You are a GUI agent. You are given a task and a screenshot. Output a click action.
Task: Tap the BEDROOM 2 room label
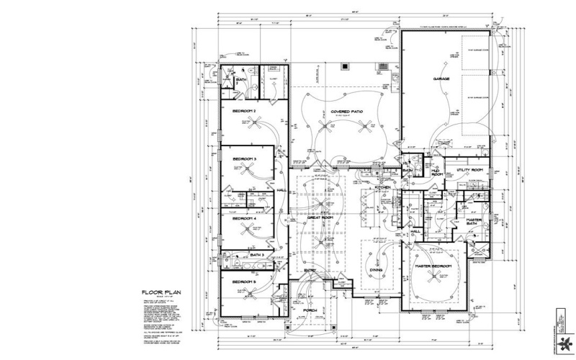point(244,111)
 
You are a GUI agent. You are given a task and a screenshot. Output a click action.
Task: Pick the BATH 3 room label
point(258,255)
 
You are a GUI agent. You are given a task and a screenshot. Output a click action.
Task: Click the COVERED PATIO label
point(346,112)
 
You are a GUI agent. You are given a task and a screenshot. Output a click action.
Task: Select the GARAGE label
point(441,78)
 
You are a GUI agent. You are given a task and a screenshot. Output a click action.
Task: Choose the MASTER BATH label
point(472,222)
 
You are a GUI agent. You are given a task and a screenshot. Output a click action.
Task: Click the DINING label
point(375,270)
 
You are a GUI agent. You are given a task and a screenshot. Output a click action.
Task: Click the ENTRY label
point(310,271)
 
